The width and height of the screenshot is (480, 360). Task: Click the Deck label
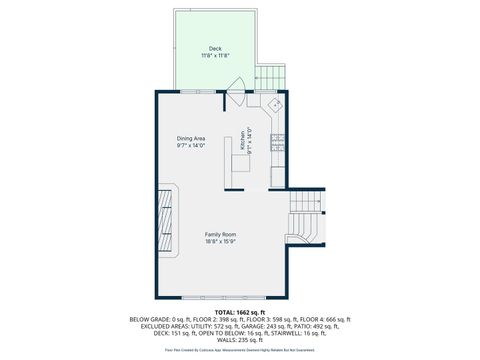[x=215, y=48]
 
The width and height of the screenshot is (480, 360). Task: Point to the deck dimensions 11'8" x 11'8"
[x=215, y=56]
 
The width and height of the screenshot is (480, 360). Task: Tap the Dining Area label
[x=191, y=138]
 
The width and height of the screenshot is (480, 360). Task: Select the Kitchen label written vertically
[x=243, y=140]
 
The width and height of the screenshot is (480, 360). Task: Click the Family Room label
[x=220, y=234]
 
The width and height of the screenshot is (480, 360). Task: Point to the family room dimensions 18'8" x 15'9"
[x=220, y=242]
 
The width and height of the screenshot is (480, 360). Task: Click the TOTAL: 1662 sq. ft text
[x=240, y=312]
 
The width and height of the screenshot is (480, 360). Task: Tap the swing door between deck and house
[x=234, y=100]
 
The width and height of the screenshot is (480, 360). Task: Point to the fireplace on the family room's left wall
[x=167, y=221]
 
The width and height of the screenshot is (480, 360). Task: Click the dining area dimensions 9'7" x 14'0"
[x=191, y=146]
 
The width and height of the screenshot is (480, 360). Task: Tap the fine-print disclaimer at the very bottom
[x=240, y=350]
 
